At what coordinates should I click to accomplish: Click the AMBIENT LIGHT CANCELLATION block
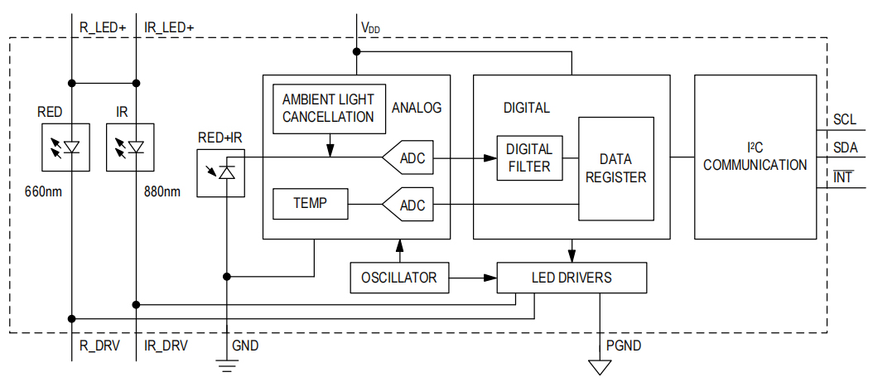coord(328,109)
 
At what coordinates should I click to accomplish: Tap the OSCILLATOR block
coord(398,278)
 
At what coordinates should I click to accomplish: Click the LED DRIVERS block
coord(571,278)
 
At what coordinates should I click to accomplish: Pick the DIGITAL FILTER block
coord(529,157)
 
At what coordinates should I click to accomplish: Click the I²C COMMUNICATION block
coord(755,157)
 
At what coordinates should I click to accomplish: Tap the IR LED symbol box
coord(130,147)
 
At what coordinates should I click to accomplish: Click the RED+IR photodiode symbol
coord(220,172)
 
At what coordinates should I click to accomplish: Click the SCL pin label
coord(845,119)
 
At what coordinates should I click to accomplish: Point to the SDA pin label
coord(845,147)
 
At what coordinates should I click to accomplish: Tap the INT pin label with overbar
coord(843,176)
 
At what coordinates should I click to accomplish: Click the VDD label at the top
coord(370,27)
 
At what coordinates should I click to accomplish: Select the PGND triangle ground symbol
coord(594,366)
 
